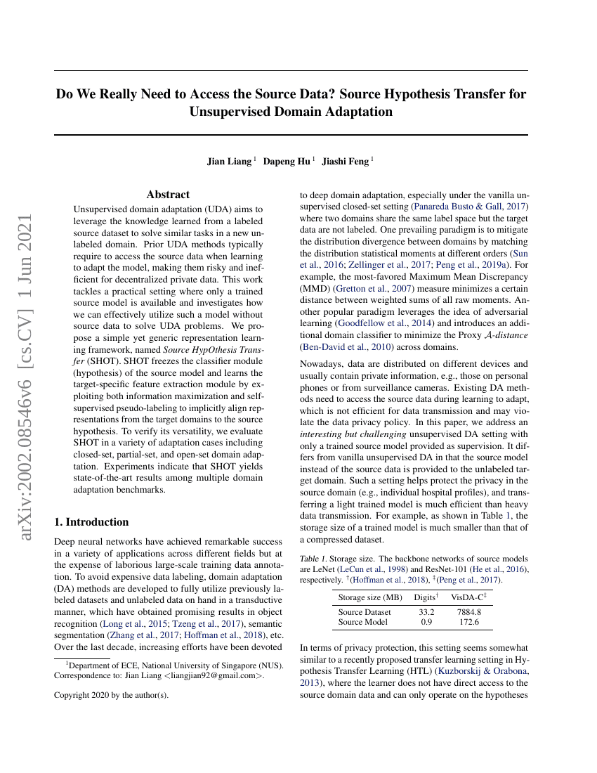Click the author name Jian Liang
(x=228, y=162)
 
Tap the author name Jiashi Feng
(x=344, y=162)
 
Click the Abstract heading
(x=168, y=195)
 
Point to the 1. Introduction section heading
(x=91, y=522)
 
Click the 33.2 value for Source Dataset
(x=426, y=612)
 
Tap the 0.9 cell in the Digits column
(x=426, y=622)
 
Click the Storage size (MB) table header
(x=370, y=597)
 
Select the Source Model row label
(x=362, y=622)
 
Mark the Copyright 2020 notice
(x=111, y=695)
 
